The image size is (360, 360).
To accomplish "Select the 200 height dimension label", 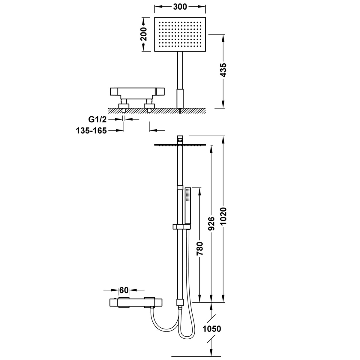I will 144,34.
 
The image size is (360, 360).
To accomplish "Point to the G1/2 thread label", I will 97,119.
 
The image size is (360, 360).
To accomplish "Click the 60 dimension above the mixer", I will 124,290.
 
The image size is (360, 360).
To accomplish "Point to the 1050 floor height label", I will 212,329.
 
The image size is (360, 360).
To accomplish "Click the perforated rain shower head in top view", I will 180,34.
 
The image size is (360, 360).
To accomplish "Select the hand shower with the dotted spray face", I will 188,205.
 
